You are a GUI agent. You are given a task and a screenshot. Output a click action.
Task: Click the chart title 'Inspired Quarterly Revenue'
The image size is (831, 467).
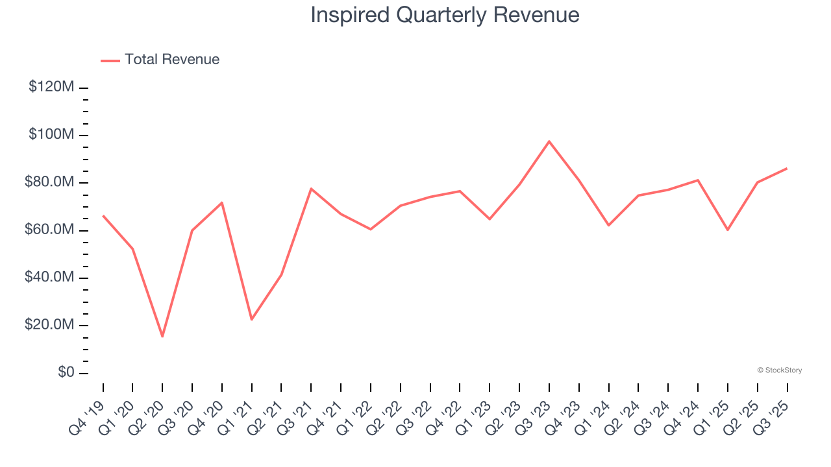(445, 15)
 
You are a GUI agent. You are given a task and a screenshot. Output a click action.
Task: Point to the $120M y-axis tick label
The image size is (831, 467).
(51, 87)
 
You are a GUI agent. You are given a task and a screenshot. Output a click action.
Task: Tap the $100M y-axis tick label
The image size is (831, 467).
(51, 135)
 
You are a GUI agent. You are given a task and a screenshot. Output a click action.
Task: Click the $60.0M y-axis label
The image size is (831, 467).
(49, 230)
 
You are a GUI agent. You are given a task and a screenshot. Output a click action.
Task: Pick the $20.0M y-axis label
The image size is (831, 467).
(49, 325)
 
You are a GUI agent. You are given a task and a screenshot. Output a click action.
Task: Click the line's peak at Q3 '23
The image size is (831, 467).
(549, 141)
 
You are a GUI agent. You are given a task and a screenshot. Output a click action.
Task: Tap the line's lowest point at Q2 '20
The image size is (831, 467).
(162, 337)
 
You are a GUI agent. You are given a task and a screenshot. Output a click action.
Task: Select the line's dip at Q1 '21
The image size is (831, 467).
(251, 319)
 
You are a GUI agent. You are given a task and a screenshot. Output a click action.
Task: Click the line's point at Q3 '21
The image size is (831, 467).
(311, 189)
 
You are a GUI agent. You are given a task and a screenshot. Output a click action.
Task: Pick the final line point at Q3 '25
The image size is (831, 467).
(787, 169)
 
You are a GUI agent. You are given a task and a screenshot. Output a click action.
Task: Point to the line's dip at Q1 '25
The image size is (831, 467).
(728, 230)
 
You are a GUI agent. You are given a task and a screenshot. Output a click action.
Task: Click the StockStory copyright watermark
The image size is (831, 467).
(779, 370)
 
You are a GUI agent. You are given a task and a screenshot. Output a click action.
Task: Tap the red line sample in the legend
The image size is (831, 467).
(110, 60)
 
